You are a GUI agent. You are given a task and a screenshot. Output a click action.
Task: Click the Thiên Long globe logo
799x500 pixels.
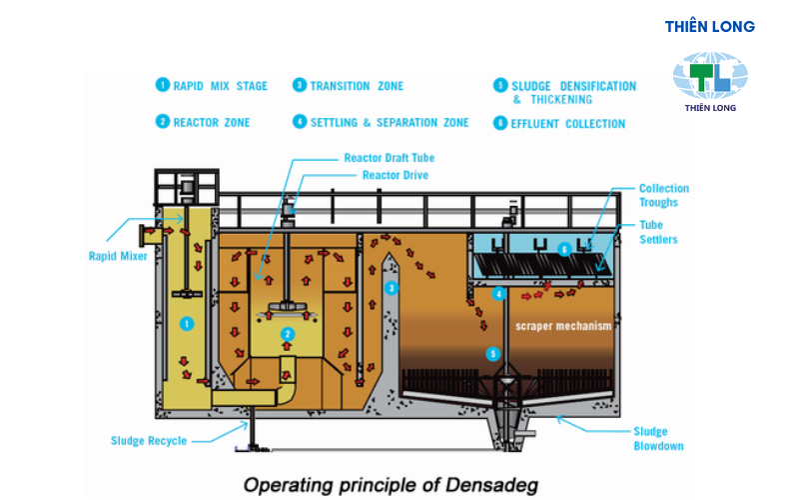point(709,75)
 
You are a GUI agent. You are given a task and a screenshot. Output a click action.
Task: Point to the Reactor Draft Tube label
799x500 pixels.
point(389,158)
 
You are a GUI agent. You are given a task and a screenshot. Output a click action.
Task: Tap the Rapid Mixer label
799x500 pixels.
point(118,256)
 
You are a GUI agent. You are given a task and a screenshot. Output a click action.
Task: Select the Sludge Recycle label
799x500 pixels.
point(148,440)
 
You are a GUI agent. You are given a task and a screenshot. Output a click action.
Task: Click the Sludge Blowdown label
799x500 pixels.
point(658,439)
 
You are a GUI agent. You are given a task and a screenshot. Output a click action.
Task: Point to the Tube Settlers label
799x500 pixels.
point(658,232)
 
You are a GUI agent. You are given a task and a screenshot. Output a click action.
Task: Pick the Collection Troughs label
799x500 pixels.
point(663,195)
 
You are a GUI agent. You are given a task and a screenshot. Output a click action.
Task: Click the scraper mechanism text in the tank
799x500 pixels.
point(561,327)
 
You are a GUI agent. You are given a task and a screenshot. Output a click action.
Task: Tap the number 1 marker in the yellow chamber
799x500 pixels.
point(186,324)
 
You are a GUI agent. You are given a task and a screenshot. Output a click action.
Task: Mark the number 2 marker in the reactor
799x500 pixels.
point(288,333)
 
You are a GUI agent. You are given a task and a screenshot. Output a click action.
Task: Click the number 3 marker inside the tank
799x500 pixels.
point(393,288)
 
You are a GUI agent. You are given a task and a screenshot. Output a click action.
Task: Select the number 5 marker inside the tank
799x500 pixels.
point(491,353)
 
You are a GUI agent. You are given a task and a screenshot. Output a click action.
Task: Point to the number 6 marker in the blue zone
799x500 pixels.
point(565,249)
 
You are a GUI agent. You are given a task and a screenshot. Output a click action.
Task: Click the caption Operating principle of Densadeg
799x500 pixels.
point(391,486)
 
